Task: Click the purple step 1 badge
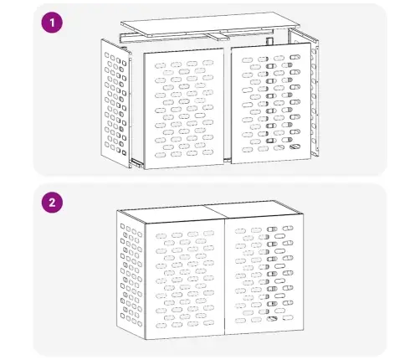pos(52,23)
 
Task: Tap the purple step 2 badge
pos(52,202)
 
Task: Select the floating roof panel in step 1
pos(211,23)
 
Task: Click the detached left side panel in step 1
pos(116,103)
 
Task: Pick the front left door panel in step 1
pos(184,109)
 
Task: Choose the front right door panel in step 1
pos(271,103)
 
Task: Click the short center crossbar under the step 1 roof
pos(218,37)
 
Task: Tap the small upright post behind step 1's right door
pos(269,41)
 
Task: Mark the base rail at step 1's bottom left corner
pos(136,163)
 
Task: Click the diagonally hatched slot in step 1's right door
pos(295,147)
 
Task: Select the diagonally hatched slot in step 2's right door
pos(272,319)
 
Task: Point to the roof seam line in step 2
pos(215,212)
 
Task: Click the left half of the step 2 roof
pos(171,213)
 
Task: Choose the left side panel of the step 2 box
pos(131,275)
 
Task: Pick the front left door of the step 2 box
pos(185,279)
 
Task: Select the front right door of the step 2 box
pos(264,275)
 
